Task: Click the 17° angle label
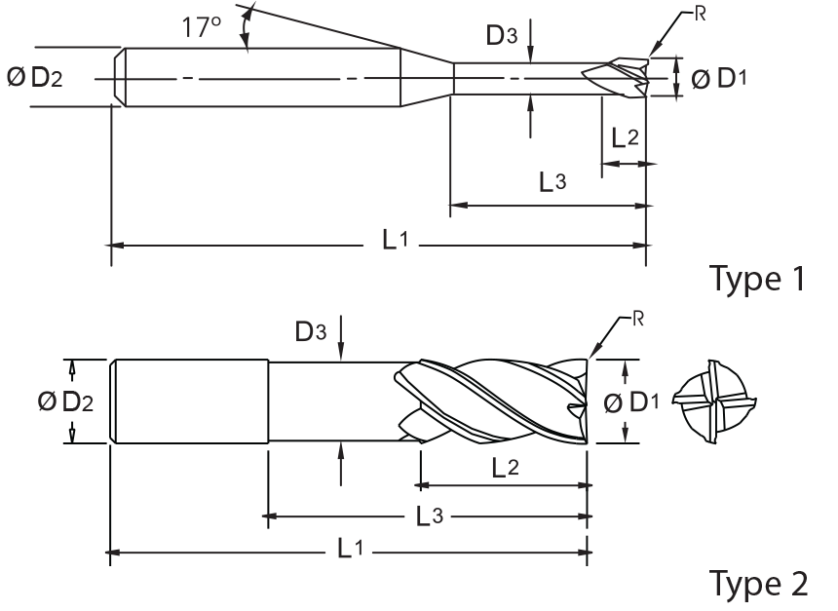point(202,26)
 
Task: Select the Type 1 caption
point(757,278)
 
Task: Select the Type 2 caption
point(758,583)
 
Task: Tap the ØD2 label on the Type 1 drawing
point(35,78)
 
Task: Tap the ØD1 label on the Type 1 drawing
point(719,79)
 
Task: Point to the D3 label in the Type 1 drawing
point(502,35)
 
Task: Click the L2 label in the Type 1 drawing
point(625,137)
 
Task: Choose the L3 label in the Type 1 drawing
point(552,182)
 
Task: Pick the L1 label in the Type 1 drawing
point(395,240)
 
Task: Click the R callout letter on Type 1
point(700,14)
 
